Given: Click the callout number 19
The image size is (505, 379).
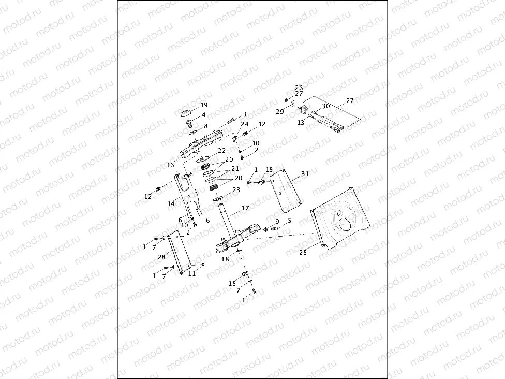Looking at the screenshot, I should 204,105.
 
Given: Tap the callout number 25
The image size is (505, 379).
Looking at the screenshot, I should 303,253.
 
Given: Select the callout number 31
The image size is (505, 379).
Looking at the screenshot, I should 305,174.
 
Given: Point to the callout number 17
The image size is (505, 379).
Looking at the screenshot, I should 245,208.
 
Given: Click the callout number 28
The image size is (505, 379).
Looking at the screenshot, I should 161,257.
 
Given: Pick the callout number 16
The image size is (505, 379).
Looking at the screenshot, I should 170,165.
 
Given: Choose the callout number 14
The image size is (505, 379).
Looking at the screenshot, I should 171,204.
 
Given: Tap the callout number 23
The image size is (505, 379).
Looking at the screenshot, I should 236,190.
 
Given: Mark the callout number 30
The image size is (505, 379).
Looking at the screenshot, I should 325,106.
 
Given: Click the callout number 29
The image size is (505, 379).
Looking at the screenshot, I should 279,111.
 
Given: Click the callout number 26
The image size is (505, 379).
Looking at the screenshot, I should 299,88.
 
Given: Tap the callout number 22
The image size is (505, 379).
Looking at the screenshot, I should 221,150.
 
